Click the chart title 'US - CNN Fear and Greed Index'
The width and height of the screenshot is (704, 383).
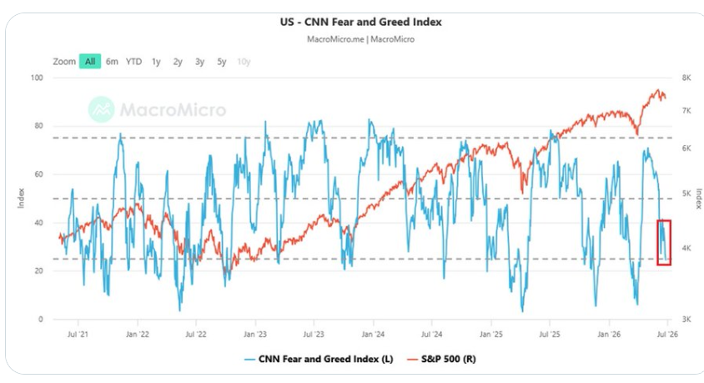point(360,22)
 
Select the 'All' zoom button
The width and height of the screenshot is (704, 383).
point(90,62)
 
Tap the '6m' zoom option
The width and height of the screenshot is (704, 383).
point(112,62)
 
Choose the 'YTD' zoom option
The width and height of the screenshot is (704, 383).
point(133,62)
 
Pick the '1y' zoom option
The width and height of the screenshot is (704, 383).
point(156,62)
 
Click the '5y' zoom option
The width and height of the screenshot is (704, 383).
point(221,62)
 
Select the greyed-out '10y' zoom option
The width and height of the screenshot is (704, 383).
point(244,62)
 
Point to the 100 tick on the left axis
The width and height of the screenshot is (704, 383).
point(37,78)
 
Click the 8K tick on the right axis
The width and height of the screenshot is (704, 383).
point(686,78)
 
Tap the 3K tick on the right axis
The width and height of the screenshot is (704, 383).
point(686,320)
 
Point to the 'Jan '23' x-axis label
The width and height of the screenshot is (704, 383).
point(255,334)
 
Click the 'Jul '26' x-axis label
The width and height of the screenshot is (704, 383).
point(667,334)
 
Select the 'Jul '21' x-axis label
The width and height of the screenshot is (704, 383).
point(78,334)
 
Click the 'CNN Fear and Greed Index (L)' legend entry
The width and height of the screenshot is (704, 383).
point(319,359)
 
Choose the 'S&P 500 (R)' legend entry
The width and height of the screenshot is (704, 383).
point(441,359)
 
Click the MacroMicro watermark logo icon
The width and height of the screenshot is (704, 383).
point(101,109)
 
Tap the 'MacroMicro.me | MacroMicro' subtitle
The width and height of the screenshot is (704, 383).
point(360,39)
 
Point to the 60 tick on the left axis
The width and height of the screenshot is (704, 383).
point(39,174)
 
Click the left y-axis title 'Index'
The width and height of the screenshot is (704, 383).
point(21,198)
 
